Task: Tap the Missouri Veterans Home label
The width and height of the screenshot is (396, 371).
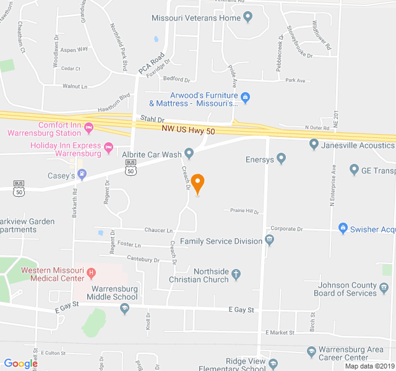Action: coord(196,18)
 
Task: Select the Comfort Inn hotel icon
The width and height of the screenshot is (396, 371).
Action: coord(88,129)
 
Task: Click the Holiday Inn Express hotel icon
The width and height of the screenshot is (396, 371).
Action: coord(109,147)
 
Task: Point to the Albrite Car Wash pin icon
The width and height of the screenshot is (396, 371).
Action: coord(189,153)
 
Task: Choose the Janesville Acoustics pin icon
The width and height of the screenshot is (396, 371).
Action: coord(314,145)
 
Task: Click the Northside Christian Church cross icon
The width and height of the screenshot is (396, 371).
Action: coord(236,272)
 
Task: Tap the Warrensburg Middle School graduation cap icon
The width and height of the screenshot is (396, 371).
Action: coord(124,308)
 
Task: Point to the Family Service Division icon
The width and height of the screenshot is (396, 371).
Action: coord(269,240)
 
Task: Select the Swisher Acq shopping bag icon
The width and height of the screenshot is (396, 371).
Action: coord(343,229)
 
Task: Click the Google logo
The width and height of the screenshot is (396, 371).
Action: coord(20,364)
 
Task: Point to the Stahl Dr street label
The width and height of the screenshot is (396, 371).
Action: coord(152,119)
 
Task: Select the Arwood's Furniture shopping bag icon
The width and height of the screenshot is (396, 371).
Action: coord(245,96)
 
